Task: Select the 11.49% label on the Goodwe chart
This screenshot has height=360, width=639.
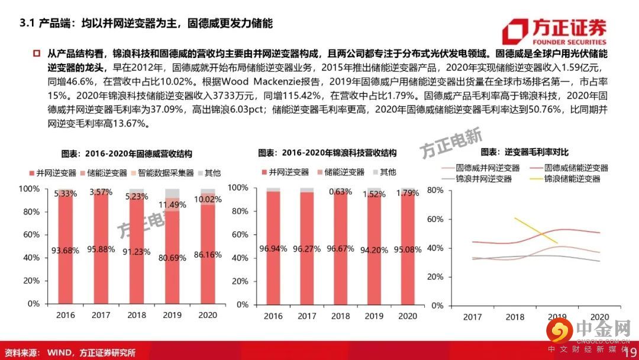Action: [173, 205]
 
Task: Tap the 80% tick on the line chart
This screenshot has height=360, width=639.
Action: [435, 191]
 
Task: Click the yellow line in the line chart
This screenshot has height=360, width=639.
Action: [535, 230]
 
